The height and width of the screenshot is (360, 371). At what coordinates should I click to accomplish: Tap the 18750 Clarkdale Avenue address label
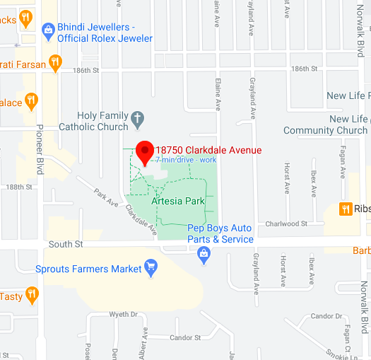(x=208, y=150)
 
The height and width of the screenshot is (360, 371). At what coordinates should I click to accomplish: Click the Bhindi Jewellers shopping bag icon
(x=48, y=30)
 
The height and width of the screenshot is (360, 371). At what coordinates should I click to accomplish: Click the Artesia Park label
(x=178, y=202)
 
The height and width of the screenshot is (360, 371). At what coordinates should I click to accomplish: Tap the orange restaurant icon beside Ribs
(x=346, y=209)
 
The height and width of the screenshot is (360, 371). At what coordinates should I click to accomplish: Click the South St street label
(x=66, y=244)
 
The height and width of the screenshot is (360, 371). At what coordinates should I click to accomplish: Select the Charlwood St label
(x=286, y=223)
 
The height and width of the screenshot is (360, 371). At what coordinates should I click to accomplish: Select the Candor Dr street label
(x=326, y=315)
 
